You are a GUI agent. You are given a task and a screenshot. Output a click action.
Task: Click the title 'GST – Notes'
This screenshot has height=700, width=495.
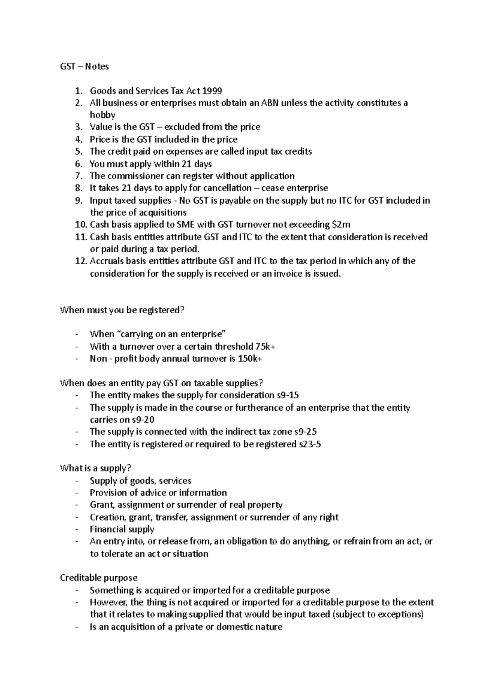84,66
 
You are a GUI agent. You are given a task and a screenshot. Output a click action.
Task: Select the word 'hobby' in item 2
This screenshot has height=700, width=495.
102,115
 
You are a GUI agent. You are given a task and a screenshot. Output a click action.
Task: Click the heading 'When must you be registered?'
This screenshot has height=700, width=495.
122,310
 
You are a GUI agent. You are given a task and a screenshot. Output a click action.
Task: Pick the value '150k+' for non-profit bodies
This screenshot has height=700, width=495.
250,359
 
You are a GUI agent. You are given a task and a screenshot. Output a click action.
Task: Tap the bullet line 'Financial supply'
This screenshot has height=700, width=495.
122,529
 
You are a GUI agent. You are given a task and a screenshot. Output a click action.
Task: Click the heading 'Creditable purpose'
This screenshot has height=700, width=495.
99,578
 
